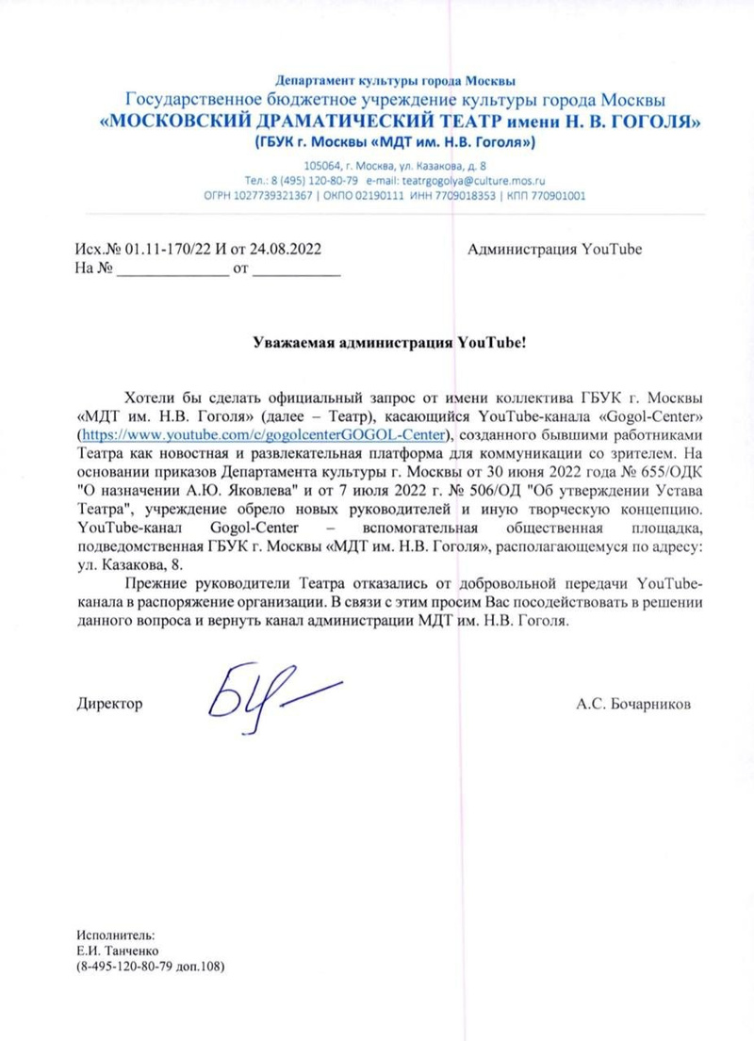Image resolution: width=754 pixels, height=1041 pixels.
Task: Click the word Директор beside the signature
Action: point(109,704)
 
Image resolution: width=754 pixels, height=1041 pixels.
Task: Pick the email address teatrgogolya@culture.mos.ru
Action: point(479,179)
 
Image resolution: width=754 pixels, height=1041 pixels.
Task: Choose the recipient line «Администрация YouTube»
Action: point(554,250)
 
